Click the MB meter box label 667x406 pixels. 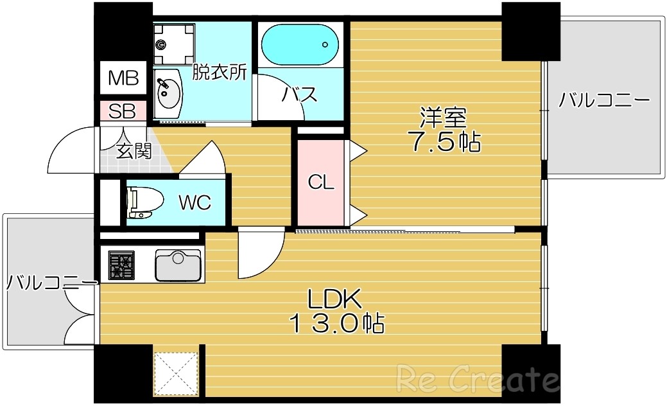[x=123, y=78]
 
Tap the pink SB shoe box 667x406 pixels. [x=122, y=111]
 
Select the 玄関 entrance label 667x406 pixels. [x=134, y=152]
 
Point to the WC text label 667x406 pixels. [x=194, y=203]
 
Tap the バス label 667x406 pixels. [x=299, y=95]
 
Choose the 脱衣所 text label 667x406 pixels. [x=220, y=73]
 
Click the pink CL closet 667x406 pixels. [x=321, y=183]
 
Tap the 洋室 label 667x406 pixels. [x=444, y=118]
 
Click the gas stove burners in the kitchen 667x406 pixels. [x=121, y=265]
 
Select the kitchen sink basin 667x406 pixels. [x=178, y=265]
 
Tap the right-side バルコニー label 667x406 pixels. [x=604, y=101]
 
